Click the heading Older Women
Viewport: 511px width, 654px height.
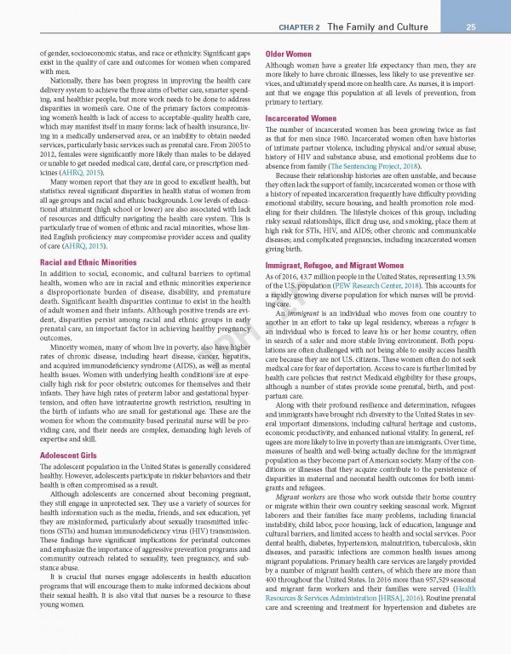[x=289, y=54]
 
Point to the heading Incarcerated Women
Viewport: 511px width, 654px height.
[x=301, y=118]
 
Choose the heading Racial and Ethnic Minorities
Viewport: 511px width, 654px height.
[x=88, y=239]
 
